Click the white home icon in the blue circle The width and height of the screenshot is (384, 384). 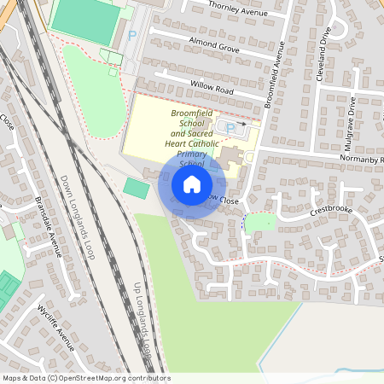tap(192, 183)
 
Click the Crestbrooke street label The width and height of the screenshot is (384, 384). tap(331, 208)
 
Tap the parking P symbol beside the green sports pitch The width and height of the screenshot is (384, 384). tap(131, 35)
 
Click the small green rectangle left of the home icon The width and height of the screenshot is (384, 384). tap(135, 188)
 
